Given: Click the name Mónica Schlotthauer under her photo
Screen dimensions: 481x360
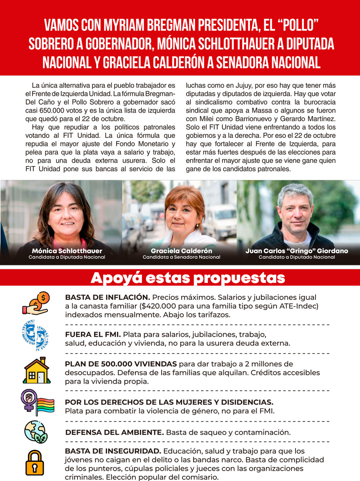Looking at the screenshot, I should [67, 251].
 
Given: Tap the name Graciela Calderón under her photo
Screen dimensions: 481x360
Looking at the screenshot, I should [181, 251].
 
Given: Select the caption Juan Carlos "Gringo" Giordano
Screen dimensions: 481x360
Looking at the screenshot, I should [297, 251].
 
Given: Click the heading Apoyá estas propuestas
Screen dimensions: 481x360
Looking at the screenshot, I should [188, 278].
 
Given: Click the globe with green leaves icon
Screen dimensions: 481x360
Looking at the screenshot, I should [36, 432].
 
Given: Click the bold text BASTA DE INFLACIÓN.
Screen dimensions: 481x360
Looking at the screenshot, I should [107, 297].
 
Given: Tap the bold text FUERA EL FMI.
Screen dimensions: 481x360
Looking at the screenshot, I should [93, 334].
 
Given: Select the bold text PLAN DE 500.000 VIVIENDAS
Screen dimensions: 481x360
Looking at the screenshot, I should [121, 364].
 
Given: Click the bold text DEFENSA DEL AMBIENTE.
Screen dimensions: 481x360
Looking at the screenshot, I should [114, 432].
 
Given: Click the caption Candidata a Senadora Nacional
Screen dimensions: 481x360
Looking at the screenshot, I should [181, 257].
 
